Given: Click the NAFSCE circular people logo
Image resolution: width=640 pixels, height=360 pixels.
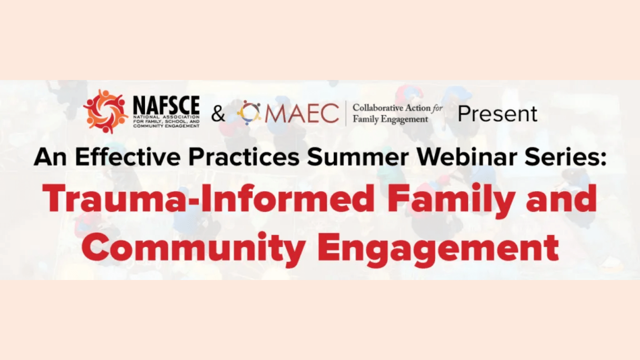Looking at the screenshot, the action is pyautogui.click(x=106, y=112).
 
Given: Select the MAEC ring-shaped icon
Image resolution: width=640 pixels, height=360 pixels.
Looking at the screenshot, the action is pyautogui.click(x=249, y=114).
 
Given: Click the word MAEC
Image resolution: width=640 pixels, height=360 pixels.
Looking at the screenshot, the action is pyautogui.click(x=302, y=114).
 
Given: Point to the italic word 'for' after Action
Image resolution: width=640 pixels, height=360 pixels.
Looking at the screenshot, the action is pyautogui.click(x=437, y=108).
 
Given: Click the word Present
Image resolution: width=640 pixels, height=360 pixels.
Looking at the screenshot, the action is pyautogui.click(x=498, y=114).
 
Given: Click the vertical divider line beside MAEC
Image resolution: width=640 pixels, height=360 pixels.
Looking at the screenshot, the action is pyautogui.click(x=346, y=113).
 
